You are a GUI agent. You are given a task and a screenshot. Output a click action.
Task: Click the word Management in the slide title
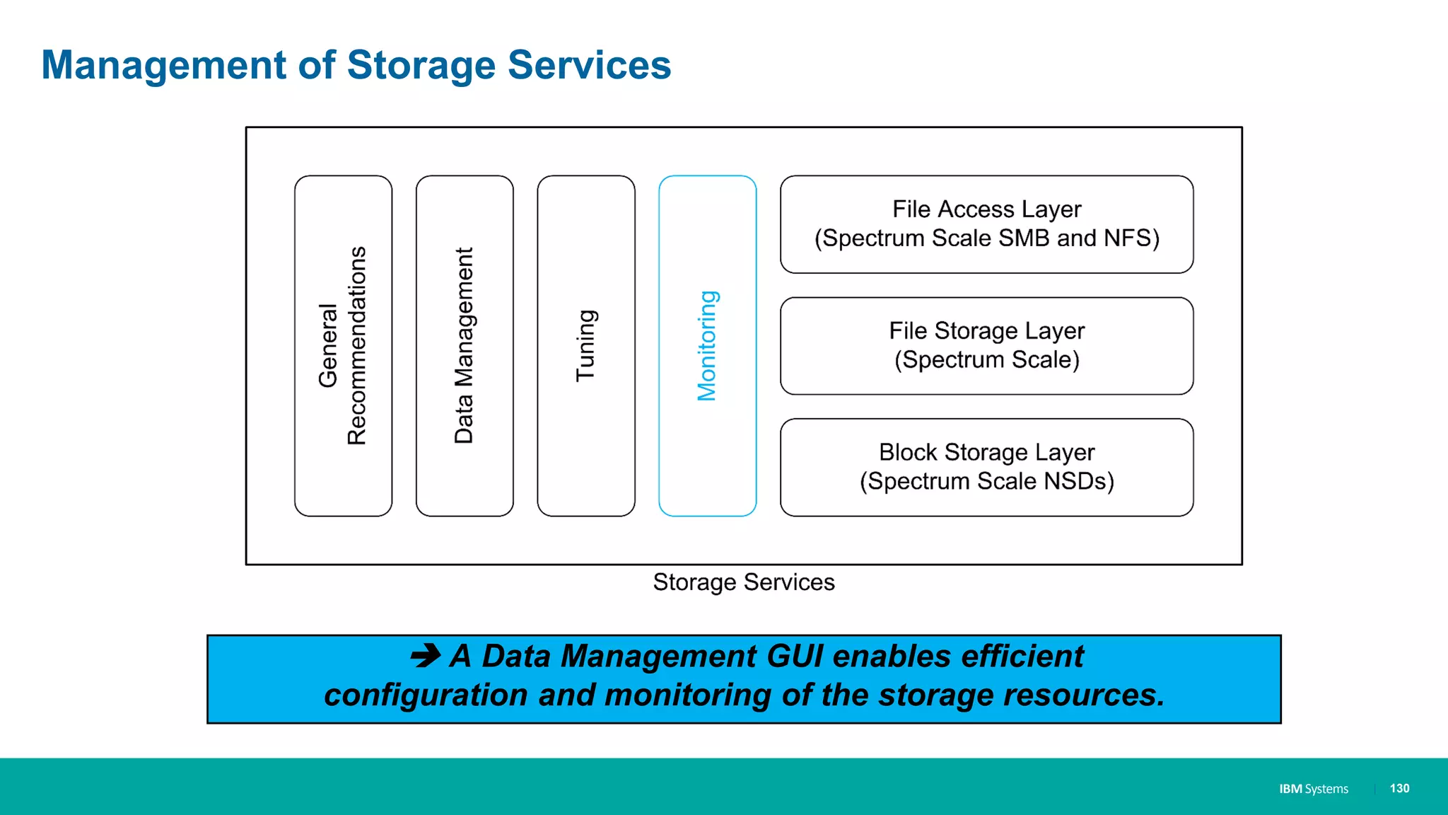[163, 65]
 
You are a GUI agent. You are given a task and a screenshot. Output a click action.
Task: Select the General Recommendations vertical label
[343, 346]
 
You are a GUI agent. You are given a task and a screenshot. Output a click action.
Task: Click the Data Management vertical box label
[464, 346]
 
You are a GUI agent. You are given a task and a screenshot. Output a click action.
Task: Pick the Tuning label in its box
[586, 346]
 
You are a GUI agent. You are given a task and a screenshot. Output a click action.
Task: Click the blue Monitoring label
[707, 346]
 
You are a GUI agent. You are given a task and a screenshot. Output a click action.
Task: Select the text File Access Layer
[986, 209]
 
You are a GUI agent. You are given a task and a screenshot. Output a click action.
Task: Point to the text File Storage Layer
[986, 331]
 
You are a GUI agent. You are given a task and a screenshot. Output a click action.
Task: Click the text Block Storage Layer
[986, 452]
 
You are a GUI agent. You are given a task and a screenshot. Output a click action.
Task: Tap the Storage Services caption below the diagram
[744, 582]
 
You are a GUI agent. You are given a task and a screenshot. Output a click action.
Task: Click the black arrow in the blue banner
[426, 656]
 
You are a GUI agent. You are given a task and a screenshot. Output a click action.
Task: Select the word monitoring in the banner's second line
[687, 695]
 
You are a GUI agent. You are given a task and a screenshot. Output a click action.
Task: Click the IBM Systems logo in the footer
[1313, 789]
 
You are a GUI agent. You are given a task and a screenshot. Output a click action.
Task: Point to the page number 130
[1399, 788]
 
